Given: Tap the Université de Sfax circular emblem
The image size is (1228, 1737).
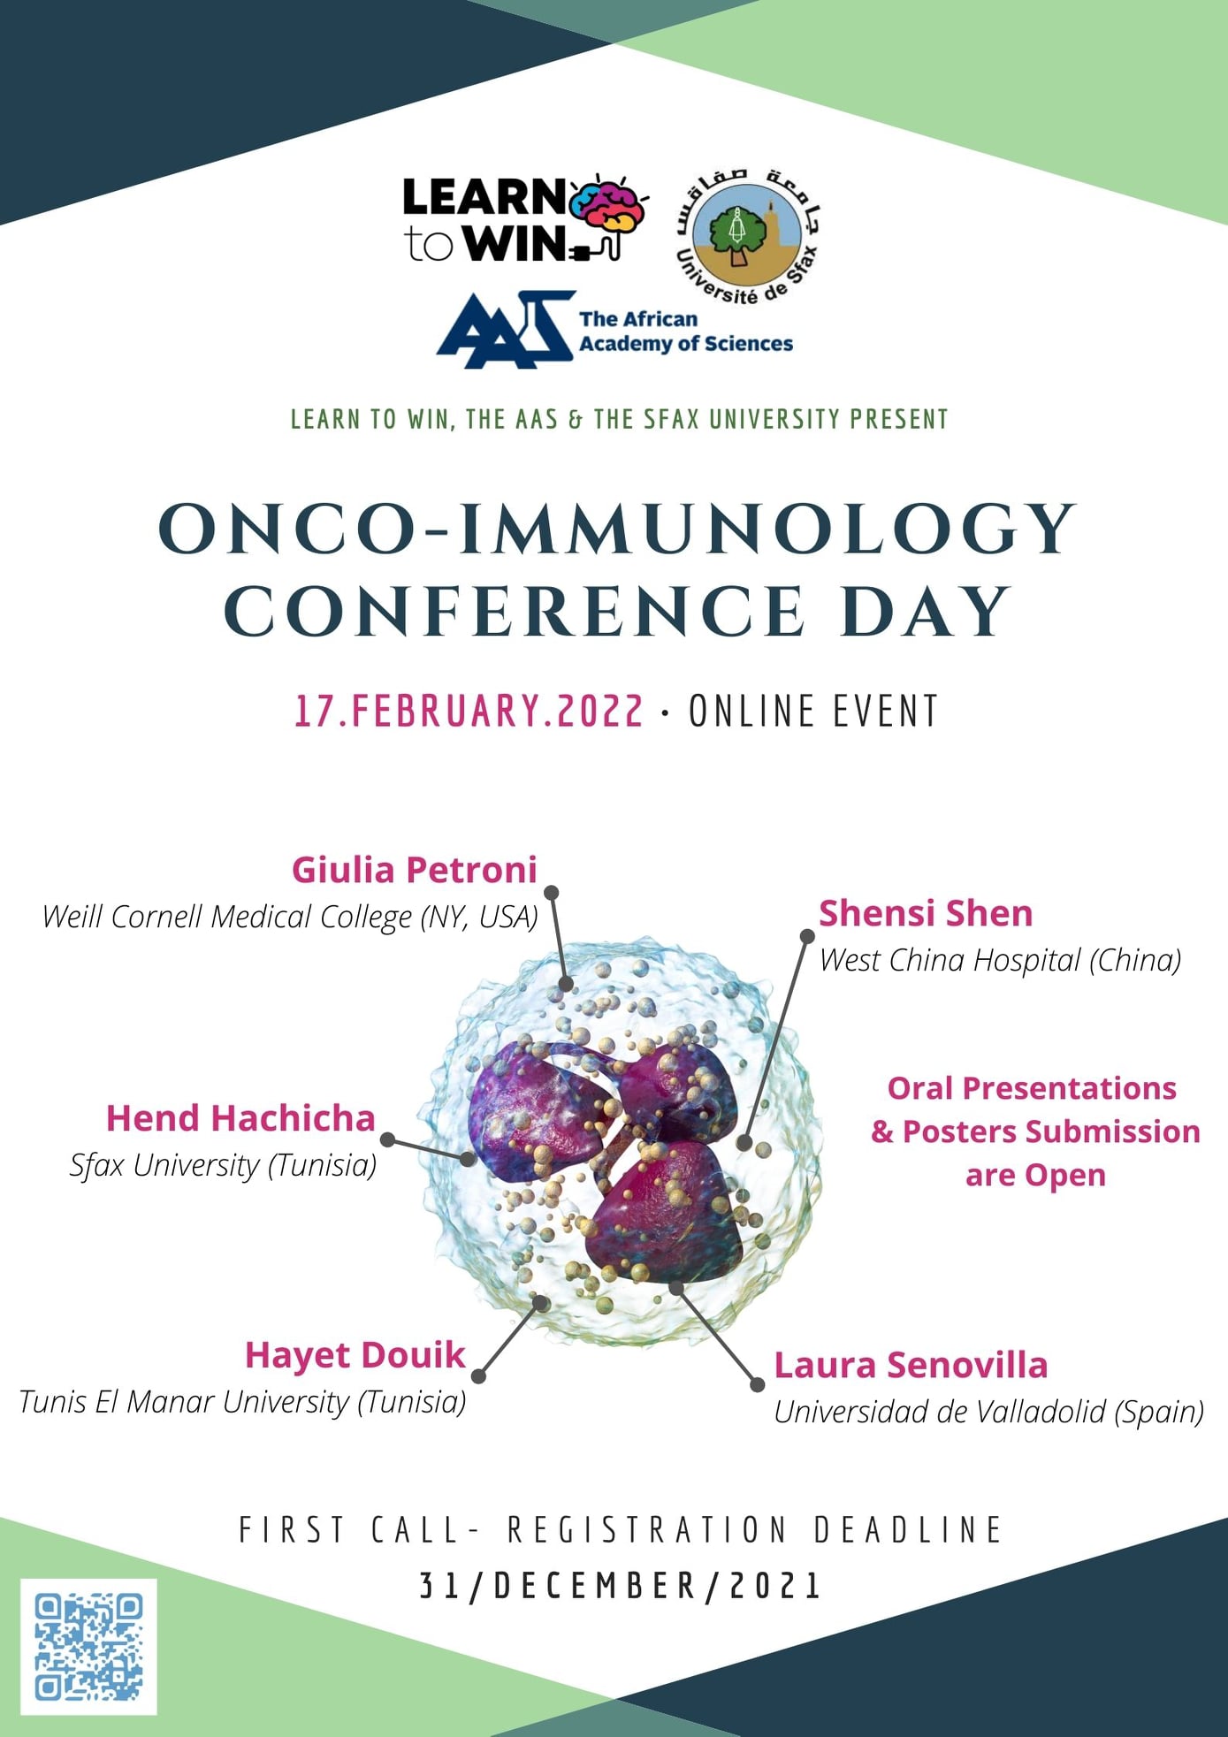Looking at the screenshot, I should [x=747, y=235].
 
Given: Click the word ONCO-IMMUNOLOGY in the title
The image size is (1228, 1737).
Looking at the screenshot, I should [x=617, y=529].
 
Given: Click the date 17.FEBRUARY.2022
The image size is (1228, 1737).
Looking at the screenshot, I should [x=469, y=712].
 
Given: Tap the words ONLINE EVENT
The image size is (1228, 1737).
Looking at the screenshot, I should [x=813, y=712].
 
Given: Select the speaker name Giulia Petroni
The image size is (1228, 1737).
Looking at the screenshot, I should [x=415, y=870].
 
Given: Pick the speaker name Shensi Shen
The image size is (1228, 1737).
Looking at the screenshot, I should [x=926, y=913].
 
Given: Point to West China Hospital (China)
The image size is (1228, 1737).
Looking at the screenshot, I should [x=1000, y=960].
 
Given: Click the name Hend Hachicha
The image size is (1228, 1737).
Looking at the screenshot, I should [x=240, y=1118].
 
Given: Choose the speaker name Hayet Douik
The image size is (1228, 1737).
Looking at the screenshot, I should [x=355, y=1355].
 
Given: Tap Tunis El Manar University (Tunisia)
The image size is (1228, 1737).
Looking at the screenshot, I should [x=242, y=1402].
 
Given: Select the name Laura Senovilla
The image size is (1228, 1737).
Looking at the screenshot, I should [x=911, y=1365].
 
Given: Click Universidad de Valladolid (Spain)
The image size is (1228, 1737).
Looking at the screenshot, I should [x=988, y=1412].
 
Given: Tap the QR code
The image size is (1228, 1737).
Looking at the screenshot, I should [x=88, y=1646].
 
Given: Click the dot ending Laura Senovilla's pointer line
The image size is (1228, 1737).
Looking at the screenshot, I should [x=757, y=1385].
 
